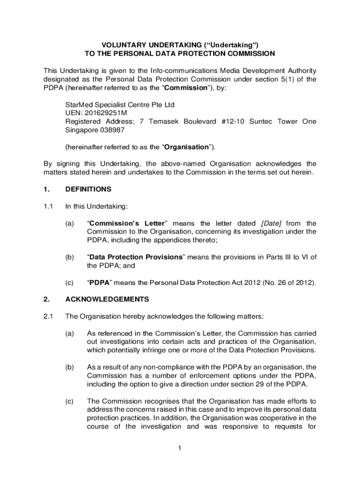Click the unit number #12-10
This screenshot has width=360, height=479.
[x=232, y=122]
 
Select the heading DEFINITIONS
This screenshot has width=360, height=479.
[x=88, y=189]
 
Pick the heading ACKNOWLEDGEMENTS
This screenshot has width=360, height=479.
[x=107, y=299]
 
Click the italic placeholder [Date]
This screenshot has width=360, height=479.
[x=271, y=223]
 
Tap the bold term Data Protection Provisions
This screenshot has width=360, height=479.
[x=135, y=257]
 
